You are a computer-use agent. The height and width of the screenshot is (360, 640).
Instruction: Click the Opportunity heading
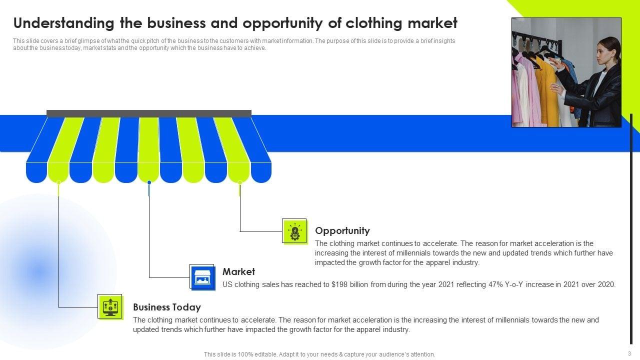tap(342, 231)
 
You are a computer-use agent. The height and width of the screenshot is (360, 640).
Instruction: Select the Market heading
tap(238, 272)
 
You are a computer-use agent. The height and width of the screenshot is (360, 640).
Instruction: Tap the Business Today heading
tap(166, 307)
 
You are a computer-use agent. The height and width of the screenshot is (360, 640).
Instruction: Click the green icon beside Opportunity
tap(294, 231)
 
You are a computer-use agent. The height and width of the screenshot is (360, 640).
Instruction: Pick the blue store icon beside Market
tap(202, 277)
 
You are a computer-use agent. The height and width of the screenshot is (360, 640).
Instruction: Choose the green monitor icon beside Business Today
tap(110, 306)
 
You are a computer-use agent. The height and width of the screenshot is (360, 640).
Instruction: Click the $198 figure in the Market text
tap(339, 284)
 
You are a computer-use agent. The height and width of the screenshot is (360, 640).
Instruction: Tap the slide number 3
tap(629, 353)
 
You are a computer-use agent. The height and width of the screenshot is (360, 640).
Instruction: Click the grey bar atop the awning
tap(148, 113)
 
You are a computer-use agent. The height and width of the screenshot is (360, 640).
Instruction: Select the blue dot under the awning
tap(149, 182)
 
